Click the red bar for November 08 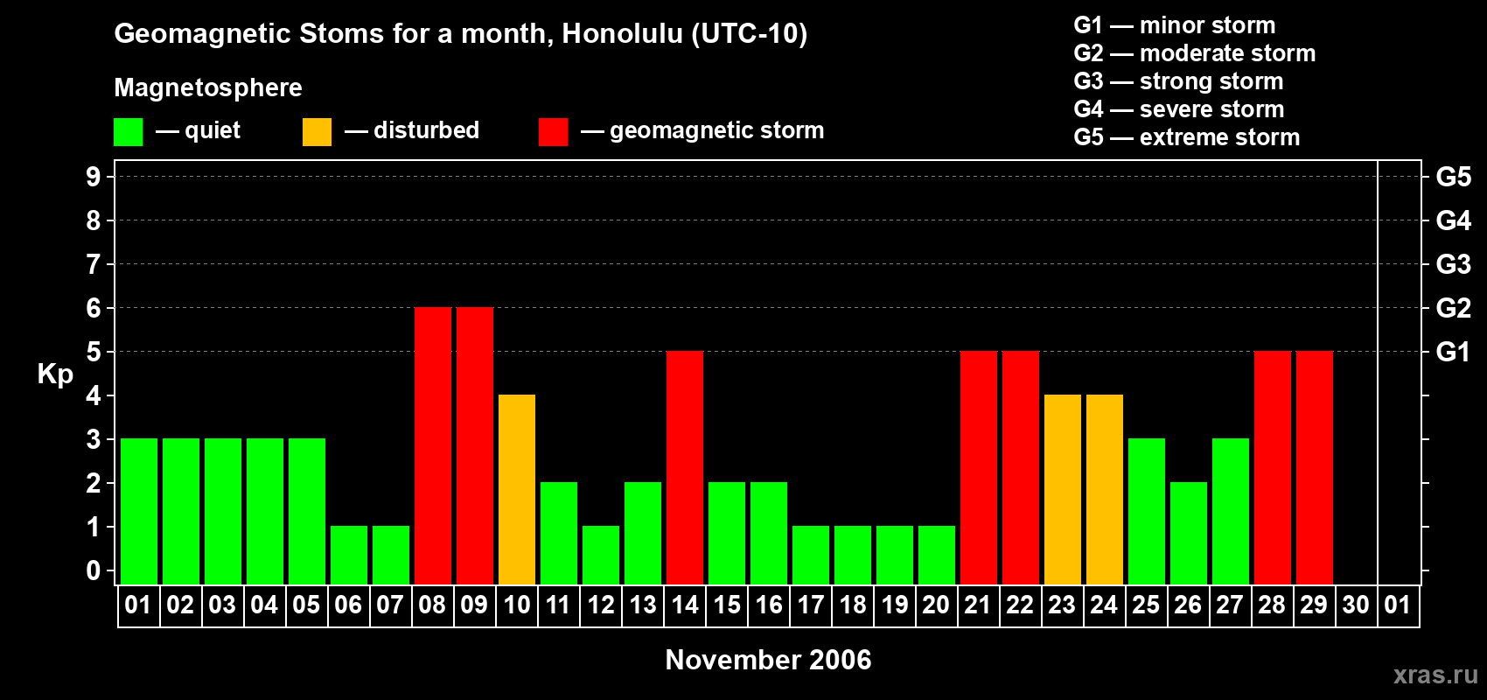click(x=433, y=445)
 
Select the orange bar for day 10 click(x=516, y=489)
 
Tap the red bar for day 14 click(x=684, y=467)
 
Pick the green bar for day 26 click(x=1188, y=533)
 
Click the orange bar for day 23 click(x=1062, y=489)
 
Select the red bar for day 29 click(x=1315, y=467)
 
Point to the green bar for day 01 click(x=139, y=511)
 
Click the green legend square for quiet click(x=128, y=131)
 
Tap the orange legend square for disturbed click(x=317, y=131)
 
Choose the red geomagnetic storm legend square click(x=553, y=131)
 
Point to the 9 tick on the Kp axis click(x=93, y=177)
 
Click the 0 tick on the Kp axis click(x=93, y=570)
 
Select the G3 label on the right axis click(x=1454, y=264)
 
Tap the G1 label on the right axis click(x=1454, y=352)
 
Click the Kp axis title click(x=55, y=374)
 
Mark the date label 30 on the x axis click(x=1356, y=605)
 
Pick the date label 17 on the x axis click(x=811, y=605)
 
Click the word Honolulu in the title click(x=622, y=34)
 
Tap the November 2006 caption click(x=768, y=660)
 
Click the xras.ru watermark click(x=1436, y=675)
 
